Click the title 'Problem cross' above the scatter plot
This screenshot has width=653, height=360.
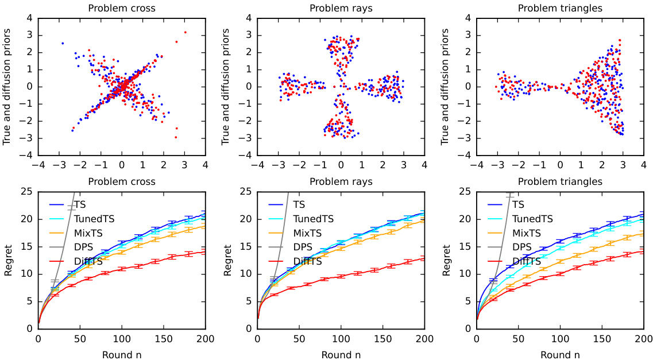[122, 8]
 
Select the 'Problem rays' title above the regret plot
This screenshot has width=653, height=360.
[341, 181]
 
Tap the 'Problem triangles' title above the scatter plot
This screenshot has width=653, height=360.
[560, 8]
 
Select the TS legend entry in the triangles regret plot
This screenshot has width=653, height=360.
[517, 204]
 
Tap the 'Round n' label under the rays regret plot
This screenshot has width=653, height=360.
[341, 354]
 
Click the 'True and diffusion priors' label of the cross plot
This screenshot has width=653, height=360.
[7, 87]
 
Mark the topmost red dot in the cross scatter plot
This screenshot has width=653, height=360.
[185, 32]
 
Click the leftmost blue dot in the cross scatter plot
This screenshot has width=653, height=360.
[63, 43]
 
